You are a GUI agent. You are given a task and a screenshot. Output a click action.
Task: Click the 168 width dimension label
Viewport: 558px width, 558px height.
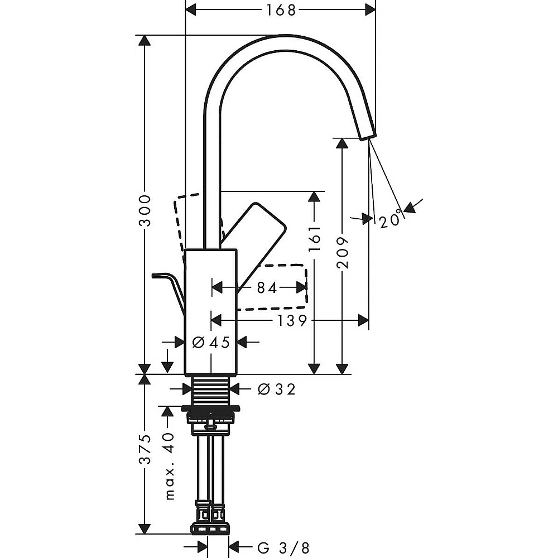coord(281,10)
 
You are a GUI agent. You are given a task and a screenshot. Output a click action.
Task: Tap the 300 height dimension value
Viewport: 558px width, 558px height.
coord(145,210)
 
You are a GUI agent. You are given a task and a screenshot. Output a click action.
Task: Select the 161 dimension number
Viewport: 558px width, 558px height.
coord(314,238)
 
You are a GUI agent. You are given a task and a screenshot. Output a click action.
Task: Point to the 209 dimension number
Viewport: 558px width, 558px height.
coord(343,252)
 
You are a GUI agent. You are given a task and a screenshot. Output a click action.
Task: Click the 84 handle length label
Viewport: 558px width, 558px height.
coord(267,287)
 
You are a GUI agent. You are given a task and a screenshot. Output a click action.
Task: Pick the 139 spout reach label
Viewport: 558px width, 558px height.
coord(292,321)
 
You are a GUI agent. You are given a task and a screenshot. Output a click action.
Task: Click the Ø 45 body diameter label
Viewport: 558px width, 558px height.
coord(211,343)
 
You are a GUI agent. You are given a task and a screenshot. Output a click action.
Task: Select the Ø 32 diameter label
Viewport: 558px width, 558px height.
coord(277,389)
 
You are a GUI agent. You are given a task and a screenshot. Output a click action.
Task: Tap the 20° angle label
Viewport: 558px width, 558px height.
coord(391,219)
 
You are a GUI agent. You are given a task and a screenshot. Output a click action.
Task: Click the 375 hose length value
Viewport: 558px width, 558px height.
coord(145,449)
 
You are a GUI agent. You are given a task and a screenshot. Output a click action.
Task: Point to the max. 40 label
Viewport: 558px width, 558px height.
coord(170,466)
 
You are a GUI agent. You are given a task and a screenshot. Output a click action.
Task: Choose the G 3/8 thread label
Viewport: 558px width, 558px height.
coord(283,548)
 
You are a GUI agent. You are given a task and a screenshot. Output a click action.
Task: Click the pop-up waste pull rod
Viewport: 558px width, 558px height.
coord(169,292)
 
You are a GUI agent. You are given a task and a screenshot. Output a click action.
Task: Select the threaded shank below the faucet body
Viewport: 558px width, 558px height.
coord(211,389)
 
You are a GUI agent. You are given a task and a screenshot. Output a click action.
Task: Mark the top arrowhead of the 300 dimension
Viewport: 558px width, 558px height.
coord(144,41)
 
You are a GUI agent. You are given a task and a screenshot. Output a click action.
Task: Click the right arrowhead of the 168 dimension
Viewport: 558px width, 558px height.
coord(370,10)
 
